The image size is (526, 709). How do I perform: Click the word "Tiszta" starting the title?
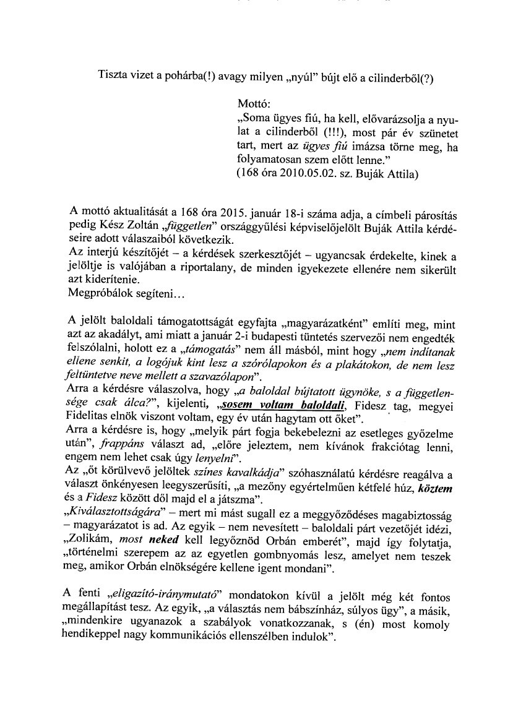tap(113, 76)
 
